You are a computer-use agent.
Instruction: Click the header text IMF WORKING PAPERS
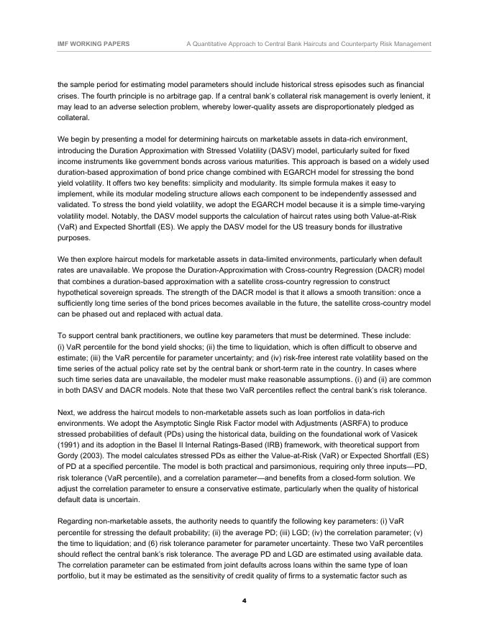93,44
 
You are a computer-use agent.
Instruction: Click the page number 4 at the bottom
244,601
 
